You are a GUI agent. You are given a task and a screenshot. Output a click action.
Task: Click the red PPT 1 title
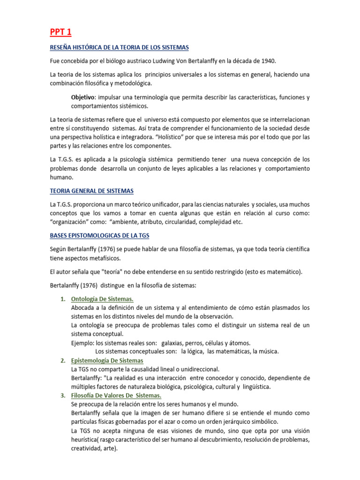click(x=60, y=32)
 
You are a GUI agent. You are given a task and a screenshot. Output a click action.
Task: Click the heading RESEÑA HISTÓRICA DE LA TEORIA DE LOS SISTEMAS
click(x=119, y=48)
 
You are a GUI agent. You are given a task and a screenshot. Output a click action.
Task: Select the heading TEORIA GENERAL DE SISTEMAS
click(x=91, y=191)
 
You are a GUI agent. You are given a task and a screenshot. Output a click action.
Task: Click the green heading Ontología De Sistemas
click(x=102, y=299)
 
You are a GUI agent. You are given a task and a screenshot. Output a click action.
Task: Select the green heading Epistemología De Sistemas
click(x=107, y=360)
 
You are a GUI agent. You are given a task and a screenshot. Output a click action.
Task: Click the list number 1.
click(x=63, y=299)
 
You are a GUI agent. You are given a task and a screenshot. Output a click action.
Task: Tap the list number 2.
click(x=63, y=360)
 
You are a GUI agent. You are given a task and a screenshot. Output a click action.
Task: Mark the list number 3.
click(x=63, y=396)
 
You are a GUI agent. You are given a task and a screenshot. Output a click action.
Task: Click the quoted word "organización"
click(x=71, y=222)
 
